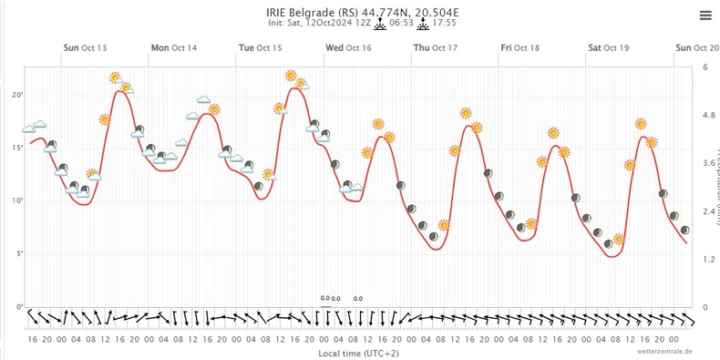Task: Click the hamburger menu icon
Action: [705, 15]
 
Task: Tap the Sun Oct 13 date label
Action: [85, 47]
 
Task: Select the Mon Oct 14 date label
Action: [173, 47]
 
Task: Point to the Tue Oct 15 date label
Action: [261, 47]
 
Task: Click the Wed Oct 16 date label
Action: [348, 47]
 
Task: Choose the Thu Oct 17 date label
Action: [436, 47]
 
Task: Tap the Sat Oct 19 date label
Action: [609, 47]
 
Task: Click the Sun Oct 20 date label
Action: [697, 47]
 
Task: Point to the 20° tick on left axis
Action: [16, 95]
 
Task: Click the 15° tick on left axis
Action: [16, 148]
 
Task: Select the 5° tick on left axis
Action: [16, 254]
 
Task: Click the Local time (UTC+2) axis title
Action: [358, 352]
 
